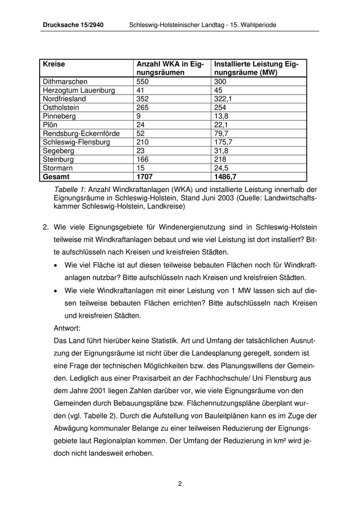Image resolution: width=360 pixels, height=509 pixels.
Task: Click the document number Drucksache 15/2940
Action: [73, 25]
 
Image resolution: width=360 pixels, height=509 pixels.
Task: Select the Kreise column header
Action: [54, 64]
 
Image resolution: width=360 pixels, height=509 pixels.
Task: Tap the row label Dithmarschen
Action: [65, 82]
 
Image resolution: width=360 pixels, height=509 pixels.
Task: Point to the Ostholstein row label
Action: [61, 107]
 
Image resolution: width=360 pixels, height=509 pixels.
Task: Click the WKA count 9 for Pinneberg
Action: [139, 116]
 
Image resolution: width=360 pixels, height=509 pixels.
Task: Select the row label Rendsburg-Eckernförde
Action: [81, 134]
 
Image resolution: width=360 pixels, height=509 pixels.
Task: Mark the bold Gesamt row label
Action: [56, 177]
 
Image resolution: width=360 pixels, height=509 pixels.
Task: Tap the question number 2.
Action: [45, 227]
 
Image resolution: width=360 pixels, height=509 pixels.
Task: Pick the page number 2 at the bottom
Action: [180, 483]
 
